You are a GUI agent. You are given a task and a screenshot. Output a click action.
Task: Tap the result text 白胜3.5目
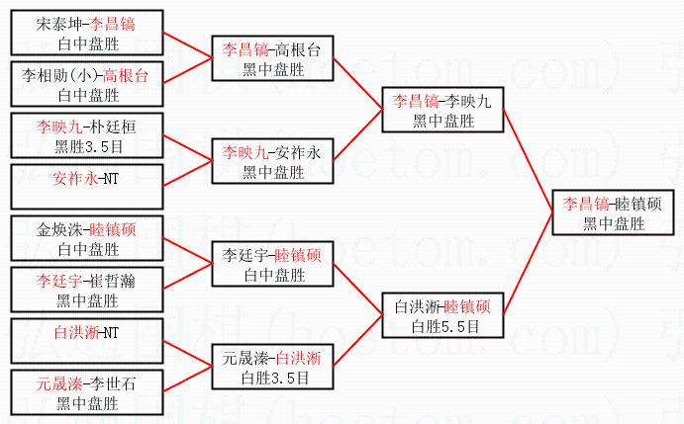(273, 377)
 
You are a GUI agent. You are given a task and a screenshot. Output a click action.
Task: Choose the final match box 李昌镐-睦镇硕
(611, 213)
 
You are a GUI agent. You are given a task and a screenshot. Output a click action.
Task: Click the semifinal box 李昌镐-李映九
(442, 109)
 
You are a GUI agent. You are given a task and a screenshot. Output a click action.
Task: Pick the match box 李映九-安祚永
(272, 161)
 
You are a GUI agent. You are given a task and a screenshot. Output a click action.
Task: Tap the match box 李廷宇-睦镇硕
(272, 264)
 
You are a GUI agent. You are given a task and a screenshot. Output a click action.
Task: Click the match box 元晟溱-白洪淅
(272, 367)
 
